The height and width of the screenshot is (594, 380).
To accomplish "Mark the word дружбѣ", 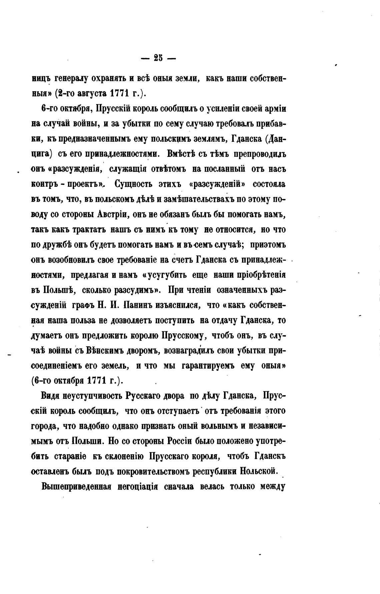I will [57, 245].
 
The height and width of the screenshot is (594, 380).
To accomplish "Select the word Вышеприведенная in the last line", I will [75, 487].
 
